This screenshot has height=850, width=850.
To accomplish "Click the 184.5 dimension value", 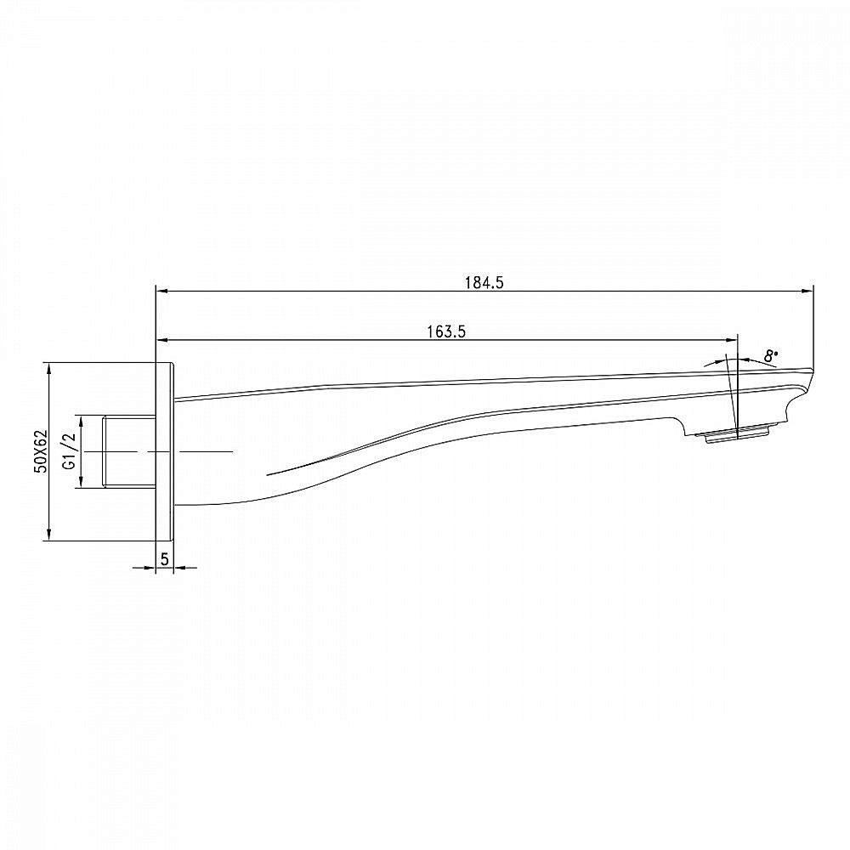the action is [x=484, y=282].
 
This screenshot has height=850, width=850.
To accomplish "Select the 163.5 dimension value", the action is [x=446, y=331].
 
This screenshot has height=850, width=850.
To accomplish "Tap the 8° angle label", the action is [x=771, y=355].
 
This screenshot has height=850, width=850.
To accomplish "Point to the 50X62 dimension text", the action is [x=41, y=451].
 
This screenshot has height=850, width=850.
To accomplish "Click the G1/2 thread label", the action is [x=69, y=451].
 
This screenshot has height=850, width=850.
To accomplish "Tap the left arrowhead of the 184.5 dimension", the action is [x=162, y=291].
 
